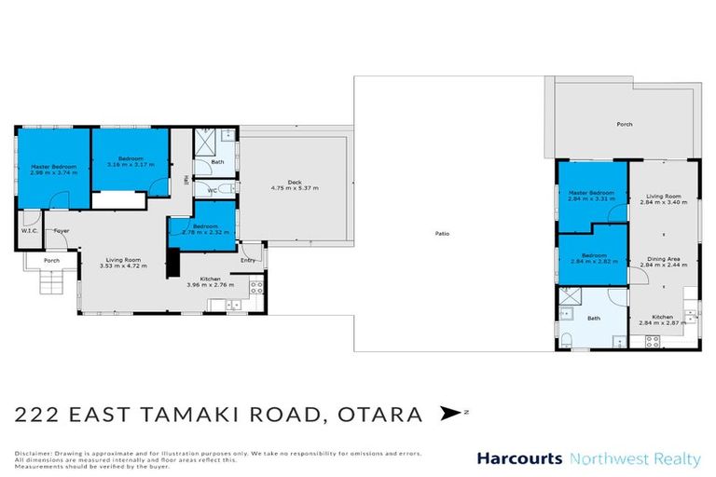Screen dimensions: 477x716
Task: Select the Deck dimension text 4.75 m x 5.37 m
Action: [295, 188]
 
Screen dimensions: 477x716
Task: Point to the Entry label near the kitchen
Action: [248, 261]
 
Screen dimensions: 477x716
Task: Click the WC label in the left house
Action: [212, 190]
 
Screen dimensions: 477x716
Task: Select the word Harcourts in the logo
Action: [519, 458]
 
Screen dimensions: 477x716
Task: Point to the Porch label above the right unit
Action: [625, 124]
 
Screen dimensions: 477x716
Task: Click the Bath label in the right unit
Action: [594, 318]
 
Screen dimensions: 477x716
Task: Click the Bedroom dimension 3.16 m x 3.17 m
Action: [130, 165]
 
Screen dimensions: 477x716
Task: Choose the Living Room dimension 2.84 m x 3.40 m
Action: [663, 203]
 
